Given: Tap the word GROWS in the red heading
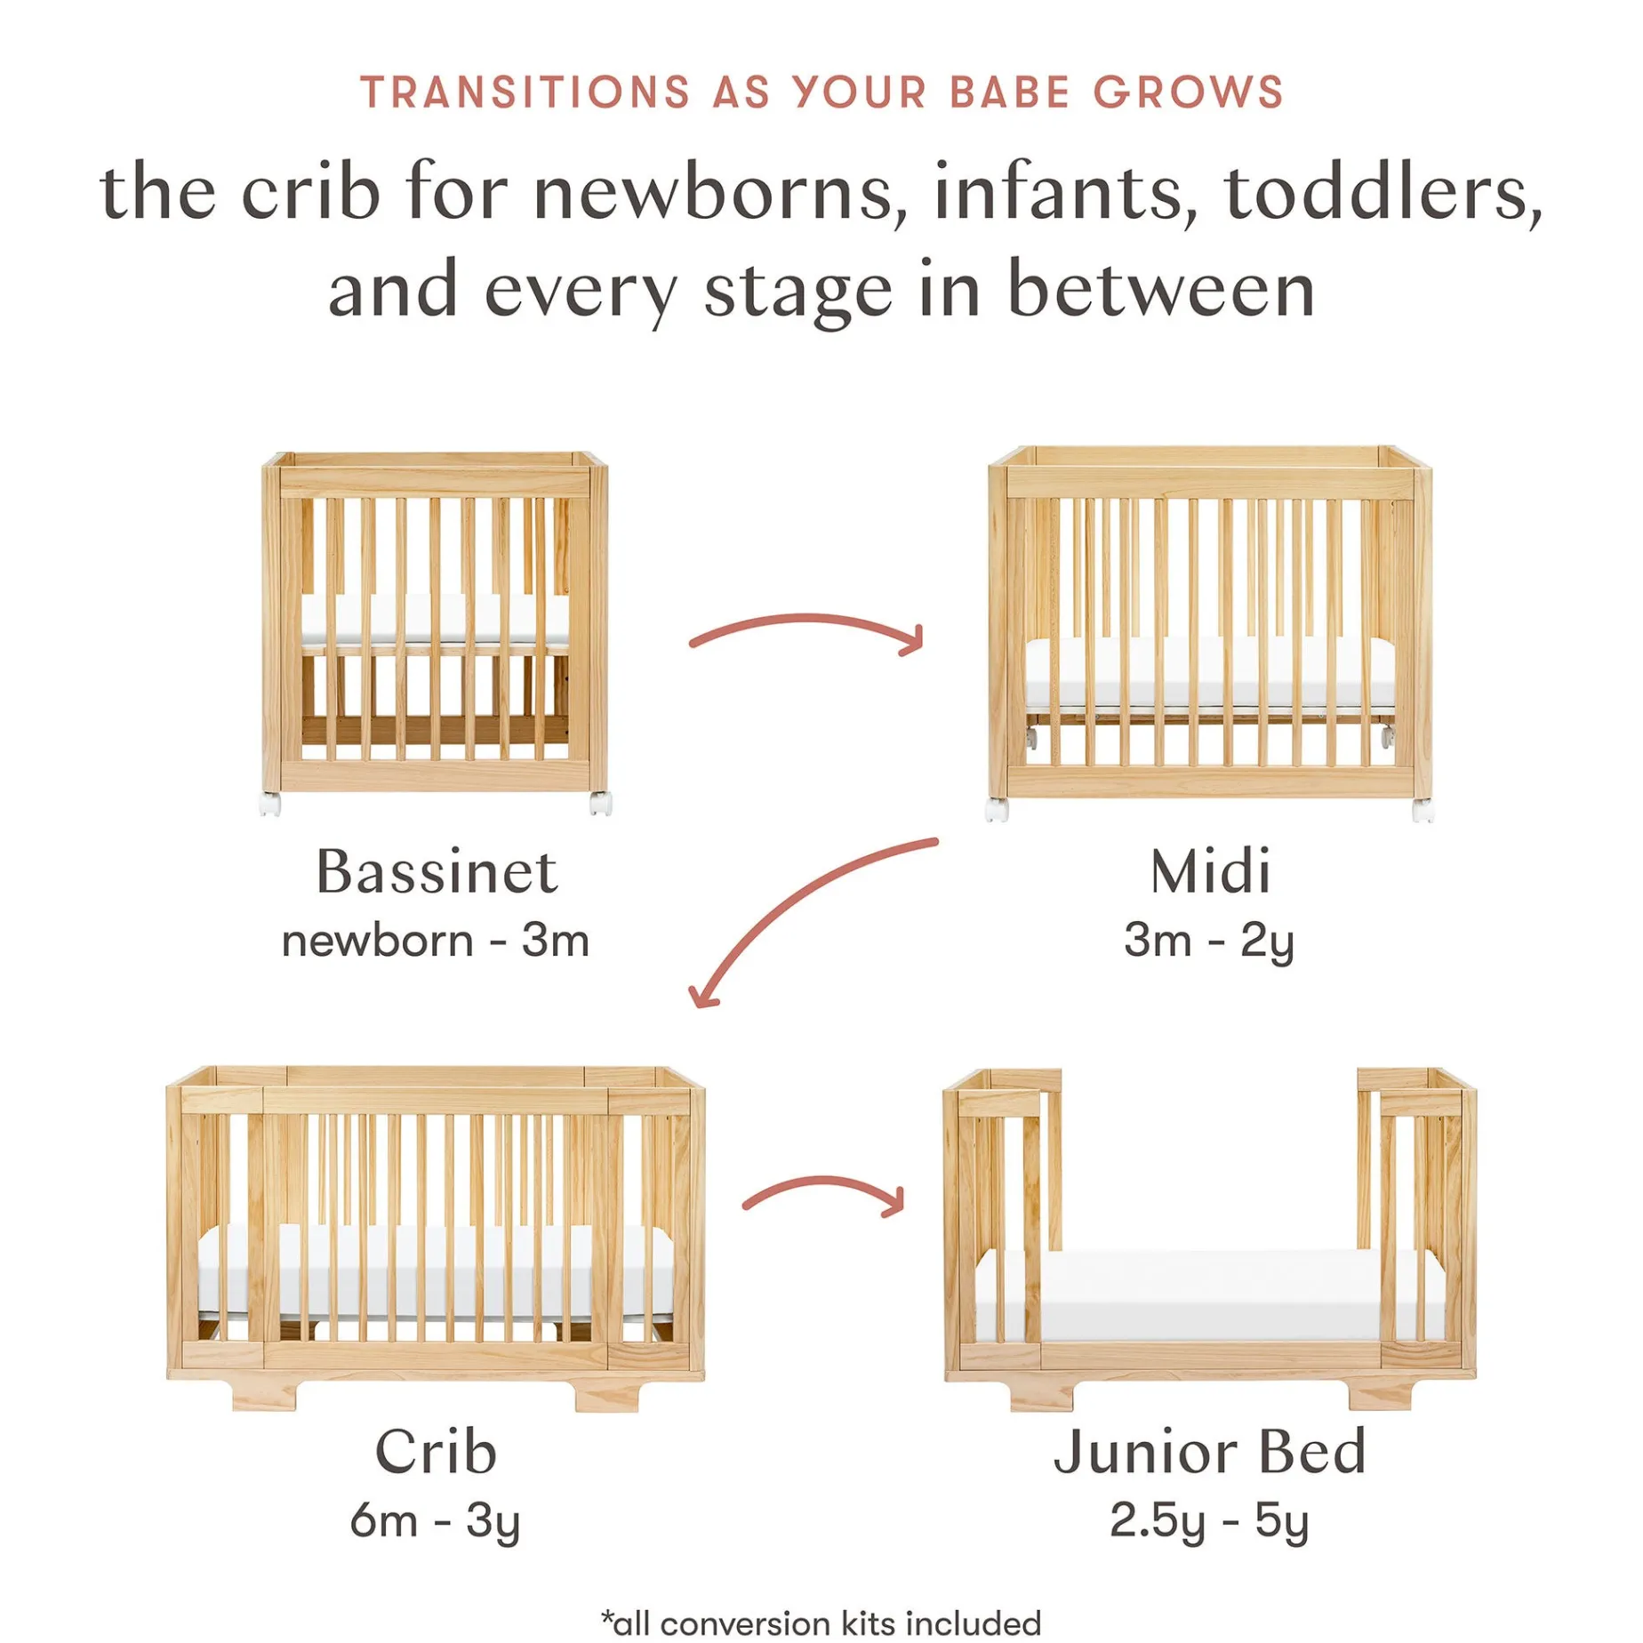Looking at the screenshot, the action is pyautogui.click(x=1188, y=92).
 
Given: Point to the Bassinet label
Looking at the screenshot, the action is pyautogui.click(x=437, y=871).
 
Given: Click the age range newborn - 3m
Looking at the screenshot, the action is pyautogui.click(x=436, y=941).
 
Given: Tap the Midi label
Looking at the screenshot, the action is pyautogui.click(x=1210, y=871).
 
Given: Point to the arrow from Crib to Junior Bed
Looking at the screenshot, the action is pyautogui.click(x=825, y=1182).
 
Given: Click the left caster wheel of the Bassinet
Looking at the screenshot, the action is pyautogui.click(x=269, y=804).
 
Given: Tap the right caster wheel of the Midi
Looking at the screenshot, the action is pyautogui.click(x=1423, y=810).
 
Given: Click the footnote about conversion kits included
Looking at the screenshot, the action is pyautogui.click(x=821, y=1623).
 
